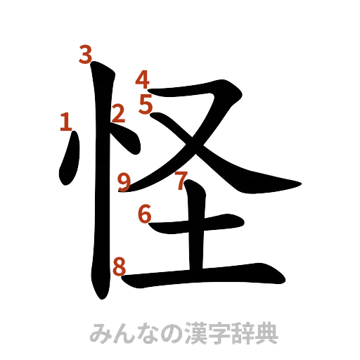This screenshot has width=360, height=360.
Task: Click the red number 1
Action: click(x=65, y=123)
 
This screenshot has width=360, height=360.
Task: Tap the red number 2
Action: click(x=120, y=112)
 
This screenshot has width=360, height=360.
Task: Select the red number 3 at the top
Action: click(x=86, y=55)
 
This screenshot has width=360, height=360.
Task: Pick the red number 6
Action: click(x=144, y=214)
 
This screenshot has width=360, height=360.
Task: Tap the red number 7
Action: click(x=181, y=181)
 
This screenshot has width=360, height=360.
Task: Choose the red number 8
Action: click(x=120, y=266)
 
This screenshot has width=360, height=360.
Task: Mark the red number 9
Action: click(x=124, y=182)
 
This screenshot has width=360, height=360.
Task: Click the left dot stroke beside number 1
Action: click(x=69, y=162)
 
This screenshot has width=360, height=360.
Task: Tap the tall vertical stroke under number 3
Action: click(x=101, y=183)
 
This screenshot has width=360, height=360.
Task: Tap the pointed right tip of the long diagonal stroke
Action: click(x=301, y=185)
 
